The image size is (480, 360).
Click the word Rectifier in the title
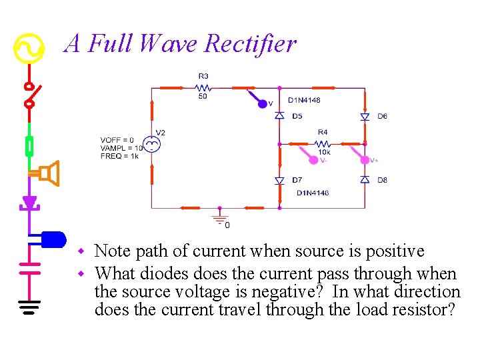(250, 44)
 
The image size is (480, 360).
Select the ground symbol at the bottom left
(29, 307)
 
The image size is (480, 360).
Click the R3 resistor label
(203, 76)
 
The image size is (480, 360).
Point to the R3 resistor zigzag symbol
(203, 87)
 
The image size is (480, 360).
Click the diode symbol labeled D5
(279, 116)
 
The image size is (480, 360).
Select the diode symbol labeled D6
(365, 116)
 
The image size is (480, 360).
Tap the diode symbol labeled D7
(279, 181)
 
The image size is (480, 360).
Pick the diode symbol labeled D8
(365, 180)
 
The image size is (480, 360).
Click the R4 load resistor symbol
(322, 143)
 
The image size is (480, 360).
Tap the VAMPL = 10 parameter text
(121, 148)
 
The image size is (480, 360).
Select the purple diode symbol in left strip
(29, 202)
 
